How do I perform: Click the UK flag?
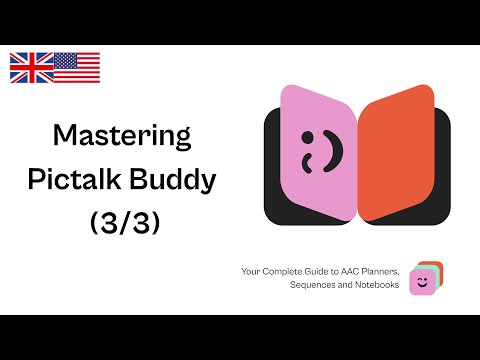tap(31, 67)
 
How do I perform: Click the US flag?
tap(77, 67)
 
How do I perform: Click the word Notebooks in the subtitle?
tap(377, 285)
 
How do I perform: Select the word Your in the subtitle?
tap(252, 271)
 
